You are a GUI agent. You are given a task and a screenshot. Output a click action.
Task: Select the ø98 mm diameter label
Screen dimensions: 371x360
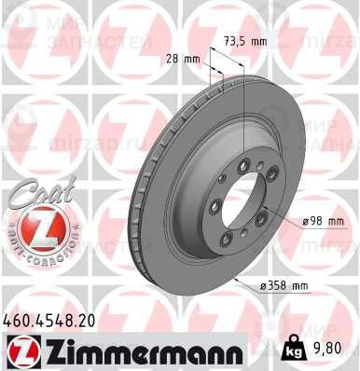pyautogui.click(x=324, y=220)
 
